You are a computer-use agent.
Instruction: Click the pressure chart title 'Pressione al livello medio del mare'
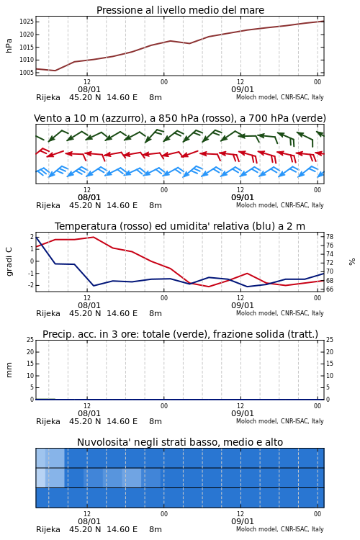click(x=180, y=10)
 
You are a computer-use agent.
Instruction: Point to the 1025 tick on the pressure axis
click(x=27, y=22)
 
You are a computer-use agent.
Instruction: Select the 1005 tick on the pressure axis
click(x=27, y=72)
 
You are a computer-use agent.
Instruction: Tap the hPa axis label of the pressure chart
click(x=9, y=45)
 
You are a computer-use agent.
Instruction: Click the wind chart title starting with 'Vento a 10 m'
click(x=180, y=119)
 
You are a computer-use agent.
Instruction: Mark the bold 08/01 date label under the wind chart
click(x=89, y=198)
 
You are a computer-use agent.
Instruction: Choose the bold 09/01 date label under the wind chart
click(x=243, y=198)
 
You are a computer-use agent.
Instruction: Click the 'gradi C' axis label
click(x=9, y=261)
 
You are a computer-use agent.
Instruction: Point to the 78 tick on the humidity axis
click(x=330, y=237)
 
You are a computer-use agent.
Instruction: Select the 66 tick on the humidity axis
click(x=330, y=289)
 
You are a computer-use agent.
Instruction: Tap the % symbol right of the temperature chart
click(x=352, y=262)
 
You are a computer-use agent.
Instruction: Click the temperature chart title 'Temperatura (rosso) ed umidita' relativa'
click(x=180, y=226)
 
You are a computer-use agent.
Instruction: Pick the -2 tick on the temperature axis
click(x=32, y=286)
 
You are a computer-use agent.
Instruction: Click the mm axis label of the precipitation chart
click(x=9, y=370)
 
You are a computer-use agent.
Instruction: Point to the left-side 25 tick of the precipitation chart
click(x=30, y=340)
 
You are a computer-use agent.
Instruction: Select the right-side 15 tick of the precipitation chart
click(x=330, y=364)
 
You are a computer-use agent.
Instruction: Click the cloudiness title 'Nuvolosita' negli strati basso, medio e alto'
click(x=180, y=442)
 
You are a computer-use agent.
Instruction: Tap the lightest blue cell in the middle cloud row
click(x=40, y=477)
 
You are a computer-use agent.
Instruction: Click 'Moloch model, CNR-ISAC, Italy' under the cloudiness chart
click(x=280, y=529)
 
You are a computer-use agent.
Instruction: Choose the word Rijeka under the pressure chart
click(x=48, y=97)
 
